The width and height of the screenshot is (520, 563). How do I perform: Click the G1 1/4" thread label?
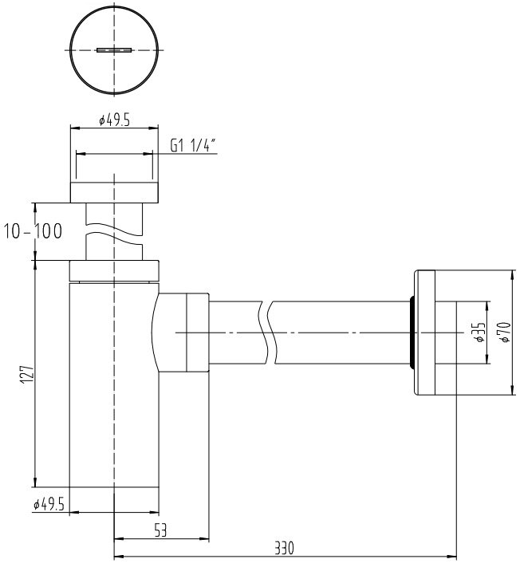pos(194,145)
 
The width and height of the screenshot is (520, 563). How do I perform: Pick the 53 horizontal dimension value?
pos(160,530)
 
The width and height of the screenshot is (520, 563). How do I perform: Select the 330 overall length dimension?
pos(284,549)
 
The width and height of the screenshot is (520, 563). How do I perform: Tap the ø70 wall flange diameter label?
pos(503,332)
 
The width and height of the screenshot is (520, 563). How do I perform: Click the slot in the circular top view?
pos(112,49)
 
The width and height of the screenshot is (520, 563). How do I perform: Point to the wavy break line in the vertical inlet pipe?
pos(113,232)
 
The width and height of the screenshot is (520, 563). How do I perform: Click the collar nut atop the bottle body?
pos(115,270)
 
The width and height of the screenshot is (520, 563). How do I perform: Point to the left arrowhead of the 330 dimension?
pos(119,557)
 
